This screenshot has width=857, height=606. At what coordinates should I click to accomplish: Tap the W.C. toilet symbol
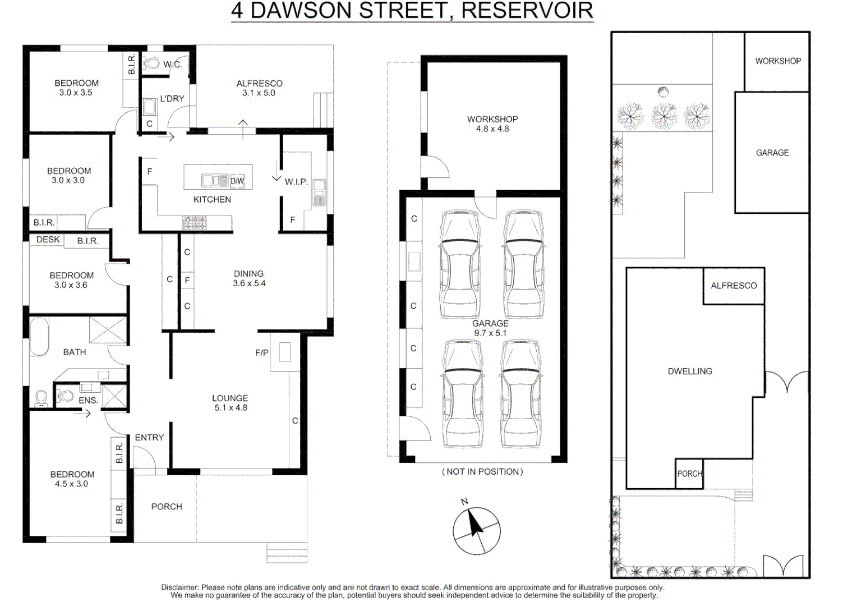pos(152,63)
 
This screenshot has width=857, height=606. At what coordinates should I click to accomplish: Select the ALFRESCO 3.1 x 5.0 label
pos(259,88)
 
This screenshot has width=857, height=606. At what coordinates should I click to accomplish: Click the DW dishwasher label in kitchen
pos(237,181)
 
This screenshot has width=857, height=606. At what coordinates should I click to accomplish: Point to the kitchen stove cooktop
pos(194,223)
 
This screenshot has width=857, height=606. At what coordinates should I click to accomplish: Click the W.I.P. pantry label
pos(296,182)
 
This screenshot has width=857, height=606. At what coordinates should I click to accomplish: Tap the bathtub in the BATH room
pos(39,336)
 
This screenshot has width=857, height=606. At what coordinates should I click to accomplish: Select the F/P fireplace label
pos(262,353)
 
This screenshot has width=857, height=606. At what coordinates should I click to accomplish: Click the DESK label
pos(48,240)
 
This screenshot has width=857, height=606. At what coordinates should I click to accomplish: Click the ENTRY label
pos(149,438)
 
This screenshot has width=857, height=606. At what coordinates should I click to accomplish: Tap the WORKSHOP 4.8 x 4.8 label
pos(492,124)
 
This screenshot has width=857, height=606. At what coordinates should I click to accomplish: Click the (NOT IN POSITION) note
pos(482,472)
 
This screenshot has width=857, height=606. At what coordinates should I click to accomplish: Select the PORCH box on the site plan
pos(689,474)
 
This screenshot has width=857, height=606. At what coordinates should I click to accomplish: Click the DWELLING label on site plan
pos(690,371)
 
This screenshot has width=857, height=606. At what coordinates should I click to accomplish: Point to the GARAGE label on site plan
pos(772,153)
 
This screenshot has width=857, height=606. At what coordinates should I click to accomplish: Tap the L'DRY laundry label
pos(172,99)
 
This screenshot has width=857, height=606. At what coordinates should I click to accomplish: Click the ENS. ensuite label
pos(88,401)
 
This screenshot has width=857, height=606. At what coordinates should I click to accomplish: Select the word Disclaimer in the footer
pos(179,587)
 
